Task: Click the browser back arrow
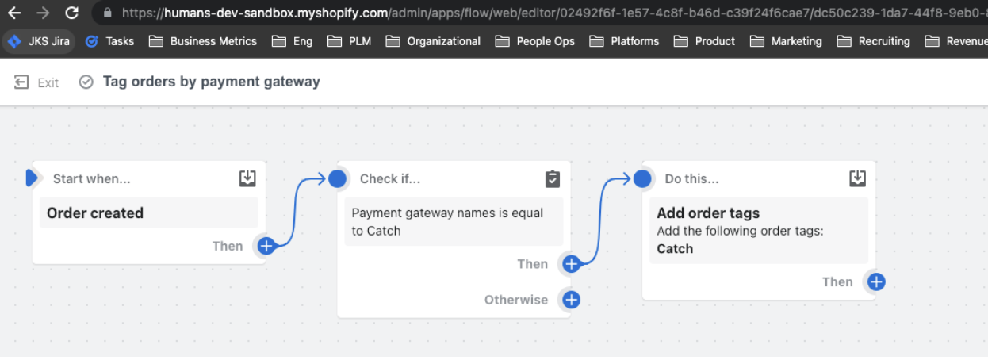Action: pyautogui.click(x=14, y=13)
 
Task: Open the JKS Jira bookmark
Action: pyautogui.click(x=39, y=41)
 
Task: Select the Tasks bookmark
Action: pyautogui.click(x=110, y=41)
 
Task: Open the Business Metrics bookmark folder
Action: pyautogui.click(x=203, y=41)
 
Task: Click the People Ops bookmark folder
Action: pyautogui.click(x=535, y=41)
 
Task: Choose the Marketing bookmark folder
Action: pyautogui.click(x=786, y=41)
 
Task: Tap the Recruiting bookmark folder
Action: pyautogui.click(x=873, y=41)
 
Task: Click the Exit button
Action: pyautogui.click(x=36, y=82)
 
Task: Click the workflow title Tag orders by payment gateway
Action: pyautogui.click(x=212, y=82)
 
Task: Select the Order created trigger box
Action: pyautogui.click(x=148, y=213)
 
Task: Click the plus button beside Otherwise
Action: pyautogui.click(x=571, y=300)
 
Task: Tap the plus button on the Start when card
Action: pyautogui.click(x=266, y=246)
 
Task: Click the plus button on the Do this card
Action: pyautogui.click(x=876, y=282)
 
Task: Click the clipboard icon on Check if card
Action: pyautogui.click(x=553, y=179)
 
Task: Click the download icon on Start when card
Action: pyautogui.click(x=247, y=178)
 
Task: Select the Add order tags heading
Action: pyautogui.click(x=708, y=213)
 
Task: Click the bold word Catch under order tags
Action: pyautogui.click(x=675, y=249)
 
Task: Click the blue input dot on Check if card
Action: pyautogui.click(x=338, y=178)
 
